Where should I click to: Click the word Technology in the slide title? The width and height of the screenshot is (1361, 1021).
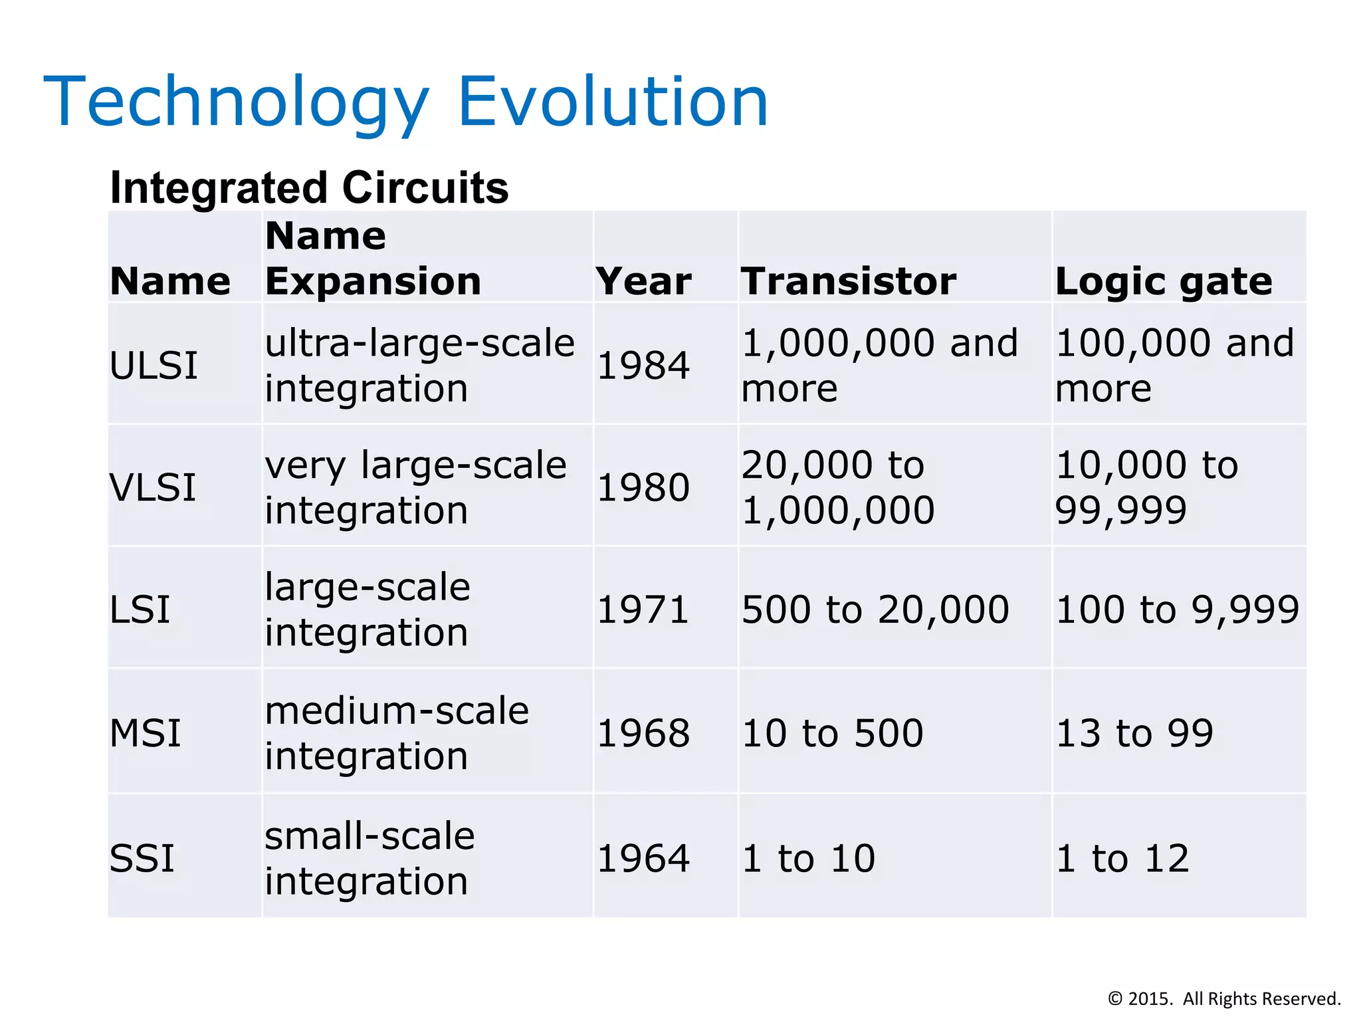pyautogui.click(x=236, y=103)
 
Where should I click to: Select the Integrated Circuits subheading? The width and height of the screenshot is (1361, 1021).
pyautogui.click(x=309, y=187)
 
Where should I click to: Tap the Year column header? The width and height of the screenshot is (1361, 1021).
pyautogui.click(x=643, y=281)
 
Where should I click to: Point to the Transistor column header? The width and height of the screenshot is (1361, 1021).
pyautogui.click(x=848, y=281)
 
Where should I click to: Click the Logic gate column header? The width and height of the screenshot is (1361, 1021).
pyautogui.click(x=1163, y=281)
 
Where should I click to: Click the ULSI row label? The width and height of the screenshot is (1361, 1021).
pyautogui.click(x=154, y=366)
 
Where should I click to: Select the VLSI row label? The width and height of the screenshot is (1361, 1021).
pyautogui.click(x=153, y=487)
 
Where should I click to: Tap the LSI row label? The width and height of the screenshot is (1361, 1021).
pyautogui.click(x=140, y=610)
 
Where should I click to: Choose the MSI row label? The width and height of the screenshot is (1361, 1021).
pyautogui.click(x=145, y=733)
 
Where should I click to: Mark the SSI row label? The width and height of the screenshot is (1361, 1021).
pyautogui.click(x=142, y=858)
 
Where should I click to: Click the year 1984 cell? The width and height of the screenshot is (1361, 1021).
pyautogui.click(x=643, y=366)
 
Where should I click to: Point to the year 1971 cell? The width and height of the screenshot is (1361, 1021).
pyautogui.click(x=643, y=610)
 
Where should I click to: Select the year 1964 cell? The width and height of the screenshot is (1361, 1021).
pyautogui.click(x=643, y=858)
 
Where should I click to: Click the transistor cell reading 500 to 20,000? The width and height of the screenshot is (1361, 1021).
pyautogui.click(x=875, y=610)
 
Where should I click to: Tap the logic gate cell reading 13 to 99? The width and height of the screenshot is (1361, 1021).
pyautogui.click(x=1134, y=733)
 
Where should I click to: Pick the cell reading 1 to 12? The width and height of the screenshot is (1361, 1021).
pyautogui.click(x=1122, y=858)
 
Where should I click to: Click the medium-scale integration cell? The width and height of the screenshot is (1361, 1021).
pyautogui.click(x=397, y=733)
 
